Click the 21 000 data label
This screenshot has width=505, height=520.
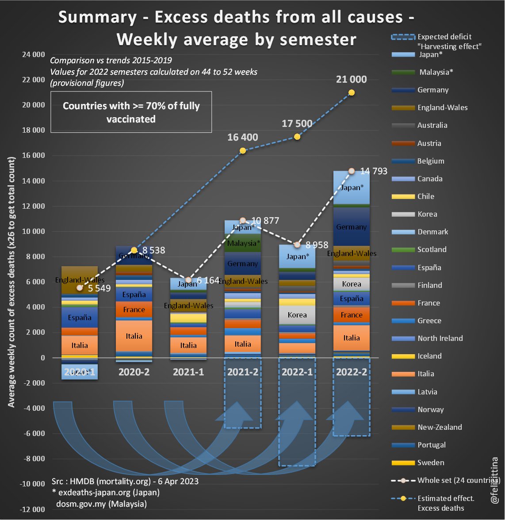[351, 80]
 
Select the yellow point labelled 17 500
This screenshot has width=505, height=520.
[297, 137]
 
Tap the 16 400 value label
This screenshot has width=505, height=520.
[243, 138]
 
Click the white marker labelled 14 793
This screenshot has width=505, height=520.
[352, 171]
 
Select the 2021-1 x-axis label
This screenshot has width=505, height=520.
[188, 372]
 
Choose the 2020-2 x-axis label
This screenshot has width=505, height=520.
[134, 372]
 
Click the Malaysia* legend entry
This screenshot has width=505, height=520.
[436, 72]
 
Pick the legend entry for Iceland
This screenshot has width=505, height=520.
[429, 356]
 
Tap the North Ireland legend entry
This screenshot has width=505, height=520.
[440, 338]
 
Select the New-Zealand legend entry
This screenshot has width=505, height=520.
[440, 427]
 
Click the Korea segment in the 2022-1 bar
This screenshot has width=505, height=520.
[297, 315]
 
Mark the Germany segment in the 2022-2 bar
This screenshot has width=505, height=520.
[352, 227]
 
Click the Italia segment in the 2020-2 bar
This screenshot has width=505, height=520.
[134, 336]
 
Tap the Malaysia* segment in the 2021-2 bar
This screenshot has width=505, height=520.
[243, 243]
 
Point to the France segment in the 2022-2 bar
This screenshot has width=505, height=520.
[352, 315]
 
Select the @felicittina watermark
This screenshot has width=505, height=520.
[495, 480]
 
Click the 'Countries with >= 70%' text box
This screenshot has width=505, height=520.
[131, 112]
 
